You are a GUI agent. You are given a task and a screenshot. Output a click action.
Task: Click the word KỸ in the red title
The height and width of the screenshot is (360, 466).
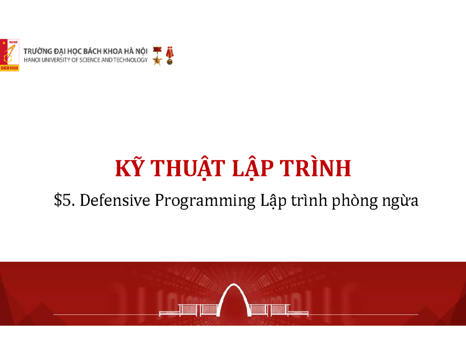(x=128, y=169)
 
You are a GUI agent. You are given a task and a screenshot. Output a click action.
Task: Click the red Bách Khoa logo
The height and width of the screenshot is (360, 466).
(x=9, y=54)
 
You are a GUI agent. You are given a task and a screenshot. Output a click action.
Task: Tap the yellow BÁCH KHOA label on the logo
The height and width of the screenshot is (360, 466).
(x=9, y=68)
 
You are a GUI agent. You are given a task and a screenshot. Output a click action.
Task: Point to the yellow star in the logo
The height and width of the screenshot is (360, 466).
(x=4, y=43)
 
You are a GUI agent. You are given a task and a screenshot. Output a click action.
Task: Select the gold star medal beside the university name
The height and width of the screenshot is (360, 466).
(x=157, y=56)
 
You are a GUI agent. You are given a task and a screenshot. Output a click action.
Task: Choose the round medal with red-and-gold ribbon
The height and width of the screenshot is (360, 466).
(x=169, y=56)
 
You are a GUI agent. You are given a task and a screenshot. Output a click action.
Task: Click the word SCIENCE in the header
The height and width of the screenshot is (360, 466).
(x=90, y=60)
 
